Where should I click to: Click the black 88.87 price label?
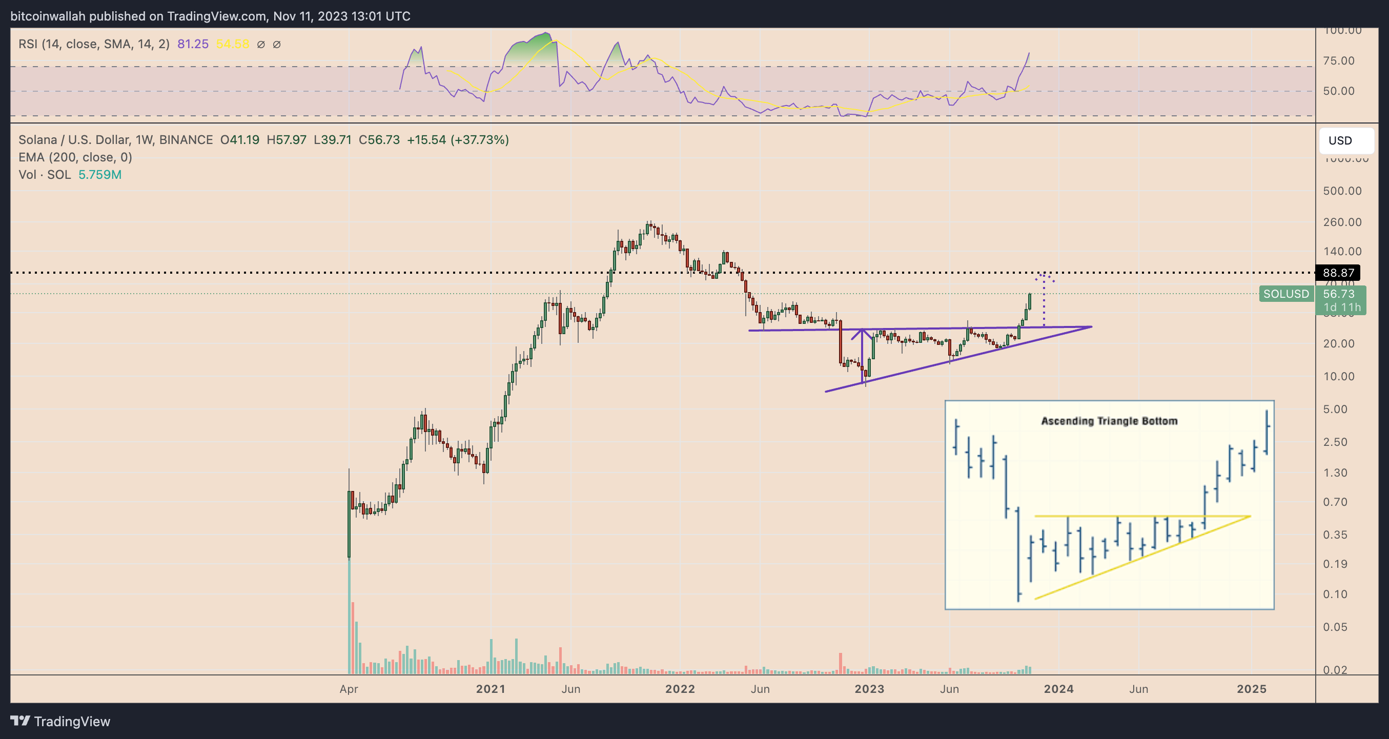(1338, 273)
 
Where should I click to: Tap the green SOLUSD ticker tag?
(1286, 294)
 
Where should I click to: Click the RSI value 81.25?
(193, 44)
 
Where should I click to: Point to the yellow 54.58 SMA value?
(232, 44)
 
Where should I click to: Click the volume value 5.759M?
(100, 175)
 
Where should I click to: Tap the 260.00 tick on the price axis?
(1341, 222)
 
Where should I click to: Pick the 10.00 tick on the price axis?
(1338, 376)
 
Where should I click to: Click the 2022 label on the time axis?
(680, 689)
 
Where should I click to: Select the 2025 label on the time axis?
(1251, 689)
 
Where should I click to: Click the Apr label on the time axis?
(349, 689)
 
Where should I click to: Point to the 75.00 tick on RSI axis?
(1338, 61)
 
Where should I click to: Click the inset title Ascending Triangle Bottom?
(1109, 421)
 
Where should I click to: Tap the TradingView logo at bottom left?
(60, 721)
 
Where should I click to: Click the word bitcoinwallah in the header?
(48, 16)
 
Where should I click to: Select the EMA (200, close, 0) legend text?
(75, 157)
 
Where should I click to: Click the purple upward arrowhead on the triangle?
(862, 333)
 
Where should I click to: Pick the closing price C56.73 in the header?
(379, 140)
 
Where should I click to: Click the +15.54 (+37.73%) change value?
(457, 140)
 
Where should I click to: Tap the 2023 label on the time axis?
(869, 689)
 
